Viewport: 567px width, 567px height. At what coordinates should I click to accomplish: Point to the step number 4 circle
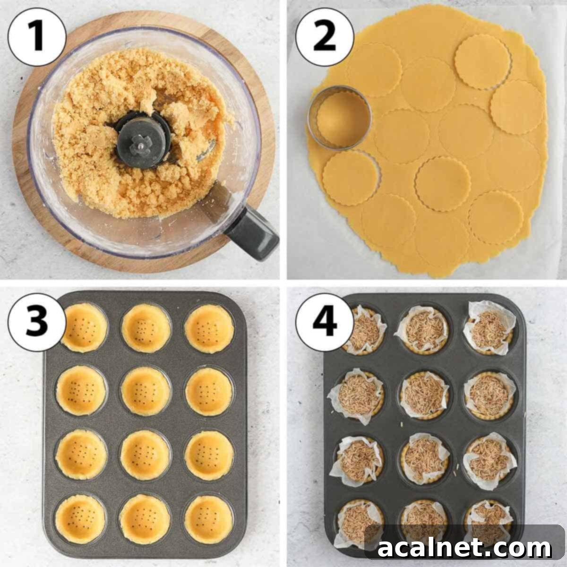tap(325, 321)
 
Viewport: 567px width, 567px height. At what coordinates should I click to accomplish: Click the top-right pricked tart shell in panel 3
tap(209, 327)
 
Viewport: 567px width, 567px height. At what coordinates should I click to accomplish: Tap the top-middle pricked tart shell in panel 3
tap(146, 327)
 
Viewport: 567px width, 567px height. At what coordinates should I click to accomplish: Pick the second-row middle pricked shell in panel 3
tap(146, 390)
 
